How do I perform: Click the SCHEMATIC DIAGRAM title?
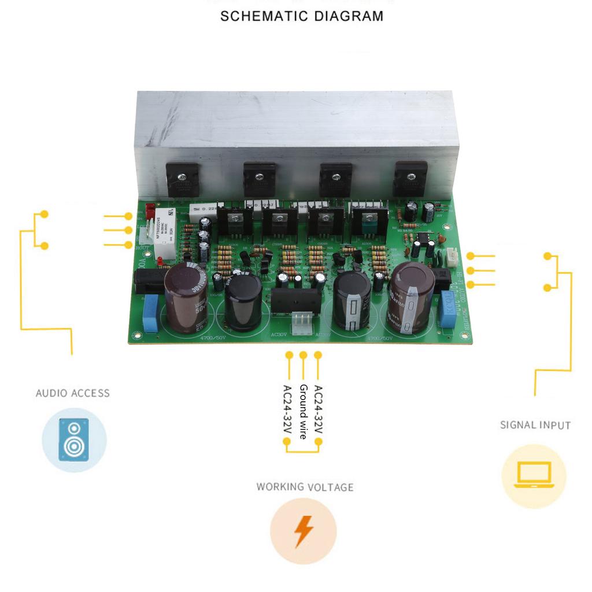pos(301,16)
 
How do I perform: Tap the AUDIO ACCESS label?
pos(72,393)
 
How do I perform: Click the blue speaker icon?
pos(74,439)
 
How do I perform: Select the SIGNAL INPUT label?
pos(535,425)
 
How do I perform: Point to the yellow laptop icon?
pos(533,476)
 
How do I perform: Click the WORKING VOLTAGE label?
pos(305,487)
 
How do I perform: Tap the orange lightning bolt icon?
pos(303,531)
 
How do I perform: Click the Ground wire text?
pos(303,412)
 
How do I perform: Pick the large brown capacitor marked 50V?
pos(186,298)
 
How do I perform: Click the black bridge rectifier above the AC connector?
pos(296,300)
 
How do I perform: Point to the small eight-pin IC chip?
pos(423,239)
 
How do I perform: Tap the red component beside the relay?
pos(150,209)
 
